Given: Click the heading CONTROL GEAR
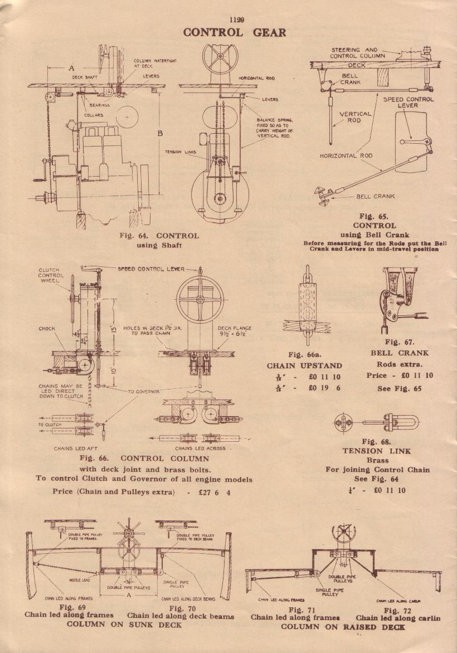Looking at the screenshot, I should [x=235, y=32].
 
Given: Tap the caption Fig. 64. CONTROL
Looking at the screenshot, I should [x=159, y=236].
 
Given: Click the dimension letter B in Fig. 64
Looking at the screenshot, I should [x=161, y=133].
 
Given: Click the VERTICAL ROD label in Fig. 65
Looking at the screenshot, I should [x=355, y=116].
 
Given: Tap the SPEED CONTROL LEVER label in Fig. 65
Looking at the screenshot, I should [x=409, y=103].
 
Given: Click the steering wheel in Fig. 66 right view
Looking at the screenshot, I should [x=200, y=298].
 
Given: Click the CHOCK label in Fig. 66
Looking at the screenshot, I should [x=47, y=329].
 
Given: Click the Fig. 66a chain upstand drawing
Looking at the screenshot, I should [x=306, y=306].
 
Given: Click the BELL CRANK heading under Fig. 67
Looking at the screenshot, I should [x=400, y=353].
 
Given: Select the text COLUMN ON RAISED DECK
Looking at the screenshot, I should [x=343, y=627].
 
